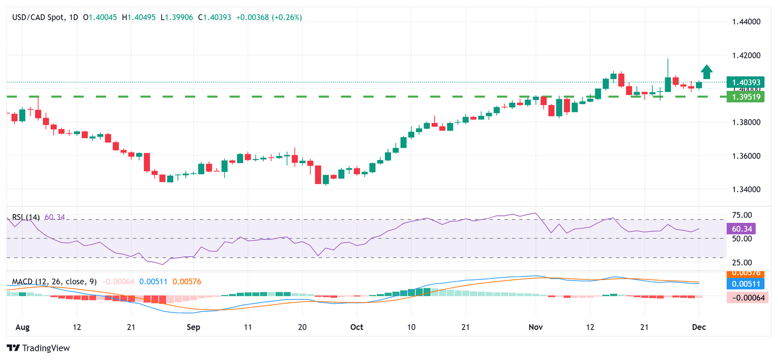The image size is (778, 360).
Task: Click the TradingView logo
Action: tap(38, 348)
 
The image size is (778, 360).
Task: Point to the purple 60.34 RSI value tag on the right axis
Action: tap(740, 229)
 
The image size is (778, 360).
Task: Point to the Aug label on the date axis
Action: tap(22, 327)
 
